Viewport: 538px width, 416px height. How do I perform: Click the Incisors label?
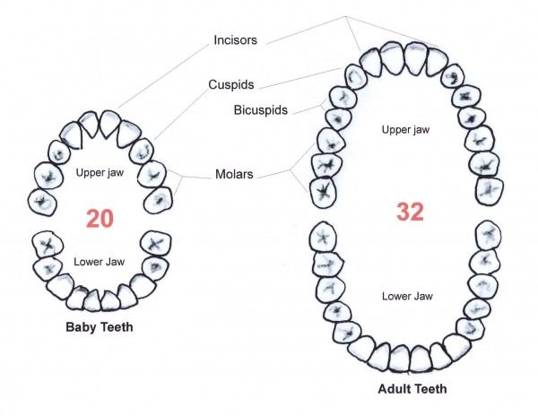tap(235, 40)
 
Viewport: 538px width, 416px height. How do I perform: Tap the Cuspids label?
tap(231, 84)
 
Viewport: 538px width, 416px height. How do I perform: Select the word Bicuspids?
tap(261, 110)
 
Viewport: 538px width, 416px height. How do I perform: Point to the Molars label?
tap(234, 174)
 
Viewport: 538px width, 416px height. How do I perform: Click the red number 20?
tap(100, 219)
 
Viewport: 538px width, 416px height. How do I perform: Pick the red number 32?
tap(411, 212)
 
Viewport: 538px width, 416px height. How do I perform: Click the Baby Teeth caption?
tap(100, 327)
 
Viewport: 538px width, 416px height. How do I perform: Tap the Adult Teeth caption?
tap(412, 389)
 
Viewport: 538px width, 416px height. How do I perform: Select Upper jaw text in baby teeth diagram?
tap(100, 172)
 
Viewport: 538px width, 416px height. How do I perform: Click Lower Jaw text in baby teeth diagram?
tap(100, 262)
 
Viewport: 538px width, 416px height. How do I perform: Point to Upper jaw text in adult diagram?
tap(405, 130)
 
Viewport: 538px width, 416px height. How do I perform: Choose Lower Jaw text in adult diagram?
tap(408, 296)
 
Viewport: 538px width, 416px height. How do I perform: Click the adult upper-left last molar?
tap(323, 193)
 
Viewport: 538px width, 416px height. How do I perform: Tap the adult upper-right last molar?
tap(490, 191)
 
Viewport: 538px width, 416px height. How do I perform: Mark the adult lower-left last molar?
tap(323, 238)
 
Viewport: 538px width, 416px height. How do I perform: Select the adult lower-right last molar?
tap(489, 236)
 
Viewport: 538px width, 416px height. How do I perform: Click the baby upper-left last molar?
tap(42, 202)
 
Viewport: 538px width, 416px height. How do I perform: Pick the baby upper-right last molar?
tap(158, 200)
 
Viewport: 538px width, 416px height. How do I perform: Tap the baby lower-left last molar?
tap(48, 244)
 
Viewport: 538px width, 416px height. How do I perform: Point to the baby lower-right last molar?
tap(156, 244)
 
